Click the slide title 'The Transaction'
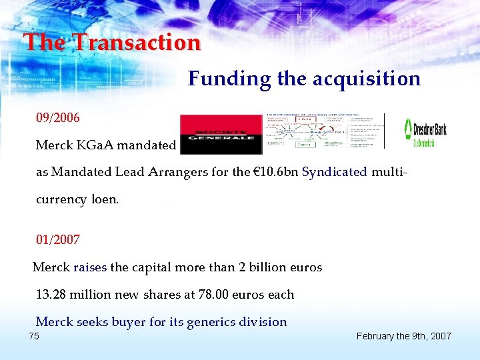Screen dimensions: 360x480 click(x=112, y=43)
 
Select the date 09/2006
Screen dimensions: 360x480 click(x=58, y=118)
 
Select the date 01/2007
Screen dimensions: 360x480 click(x=58, y=239)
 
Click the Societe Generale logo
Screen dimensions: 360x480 click(x=221, y=133)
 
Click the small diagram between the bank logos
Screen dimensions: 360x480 click(x=325, y=131)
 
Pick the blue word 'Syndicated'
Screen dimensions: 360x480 click(x=335, y=171)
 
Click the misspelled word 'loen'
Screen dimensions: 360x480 click(x=105, y=199)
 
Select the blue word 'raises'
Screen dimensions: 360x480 click(x=90, y=267)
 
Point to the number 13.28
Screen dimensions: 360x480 click(x=52, y=294)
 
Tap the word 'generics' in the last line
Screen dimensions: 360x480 click(x=211, y=322)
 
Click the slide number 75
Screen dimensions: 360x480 click(x=34, y=336)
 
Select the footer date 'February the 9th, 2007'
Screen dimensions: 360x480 click(x=403, y=336)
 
